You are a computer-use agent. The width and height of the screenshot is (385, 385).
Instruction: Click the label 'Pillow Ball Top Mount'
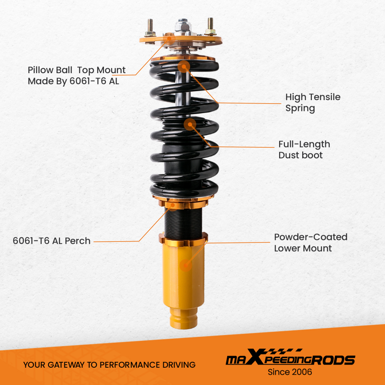pyautogui.click(x=77, y=70)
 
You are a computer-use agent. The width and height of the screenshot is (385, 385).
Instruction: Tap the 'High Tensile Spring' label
pyautogui.click(x=313, y=102)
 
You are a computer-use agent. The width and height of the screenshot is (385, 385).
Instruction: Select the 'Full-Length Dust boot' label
pyautogui.click(x=304, y=149)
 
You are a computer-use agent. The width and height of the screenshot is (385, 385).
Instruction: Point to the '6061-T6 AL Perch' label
pyautogui.click(x=52, y=241)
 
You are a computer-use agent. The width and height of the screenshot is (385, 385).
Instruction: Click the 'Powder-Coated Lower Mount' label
pyautogui.click(x=310, y=243)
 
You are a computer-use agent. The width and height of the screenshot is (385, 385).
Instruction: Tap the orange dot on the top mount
pyautogui.click(x=169, y=38)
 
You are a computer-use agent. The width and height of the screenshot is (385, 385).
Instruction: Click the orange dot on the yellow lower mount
pyautogui.click(x=186, y=264)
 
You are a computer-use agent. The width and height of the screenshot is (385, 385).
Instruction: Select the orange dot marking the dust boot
pyautogui.click(x=190, y=124)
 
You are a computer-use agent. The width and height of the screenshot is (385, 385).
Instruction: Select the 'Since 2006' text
pyautogui.click(x=290, y=372)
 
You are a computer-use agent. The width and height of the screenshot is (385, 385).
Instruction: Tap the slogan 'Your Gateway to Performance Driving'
pyautogui.click(x=109, y=365)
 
